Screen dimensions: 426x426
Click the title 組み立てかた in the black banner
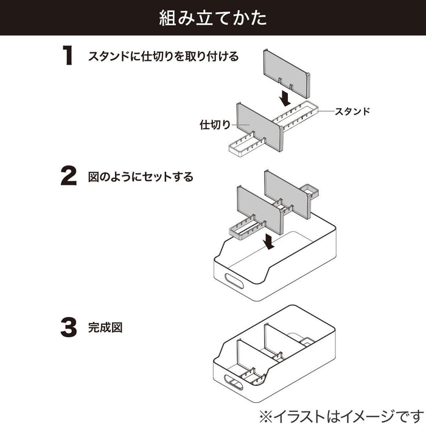point(213,17)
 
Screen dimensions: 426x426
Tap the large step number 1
point(68,56)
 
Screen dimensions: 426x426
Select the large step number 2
point(69,176)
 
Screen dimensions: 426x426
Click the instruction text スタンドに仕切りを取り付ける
point(163,57)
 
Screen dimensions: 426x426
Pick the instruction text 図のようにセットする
point(141,177)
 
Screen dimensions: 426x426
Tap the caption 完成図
point(105,327)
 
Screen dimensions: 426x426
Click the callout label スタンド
point(352,111)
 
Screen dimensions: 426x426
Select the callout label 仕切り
point(215,125)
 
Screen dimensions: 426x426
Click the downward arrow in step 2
point(267,242)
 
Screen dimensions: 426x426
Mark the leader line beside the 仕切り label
point(240,126)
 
